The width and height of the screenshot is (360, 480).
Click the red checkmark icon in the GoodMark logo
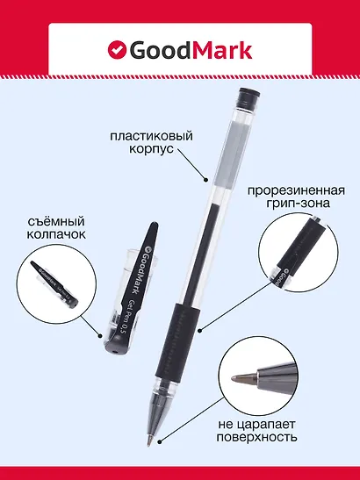tap(117, 50)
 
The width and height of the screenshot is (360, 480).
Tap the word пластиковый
tap(148, 137)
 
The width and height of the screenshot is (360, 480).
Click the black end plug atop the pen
tap(248, 93)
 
